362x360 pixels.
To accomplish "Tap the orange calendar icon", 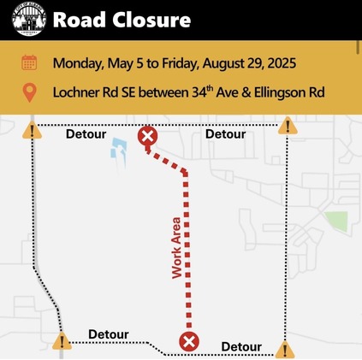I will [x=29, y=62].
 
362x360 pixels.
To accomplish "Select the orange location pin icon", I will [x=29, y=91].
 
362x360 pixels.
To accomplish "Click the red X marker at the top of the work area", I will [x=147, y=136].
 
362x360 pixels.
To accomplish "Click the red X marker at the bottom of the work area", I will [x=188, y=342].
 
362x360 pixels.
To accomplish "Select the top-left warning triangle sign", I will [x=33, y=131].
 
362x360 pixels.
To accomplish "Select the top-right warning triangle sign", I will [x=288, y=127].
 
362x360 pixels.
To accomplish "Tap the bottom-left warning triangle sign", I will [x=62, y=342].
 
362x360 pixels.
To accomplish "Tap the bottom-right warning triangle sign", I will [x=286, y=348].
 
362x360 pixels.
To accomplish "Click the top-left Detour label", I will [x=86, y=134].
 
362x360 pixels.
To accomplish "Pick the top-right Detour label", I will [x=225, y=134].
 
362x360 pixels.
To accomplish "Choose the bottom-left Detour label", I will [x=109, y=334].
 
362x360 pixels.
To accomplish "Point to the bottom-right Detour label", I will [x=241, y=346].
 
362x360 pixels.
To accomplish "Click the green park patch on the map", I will [x=336, y=221].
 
